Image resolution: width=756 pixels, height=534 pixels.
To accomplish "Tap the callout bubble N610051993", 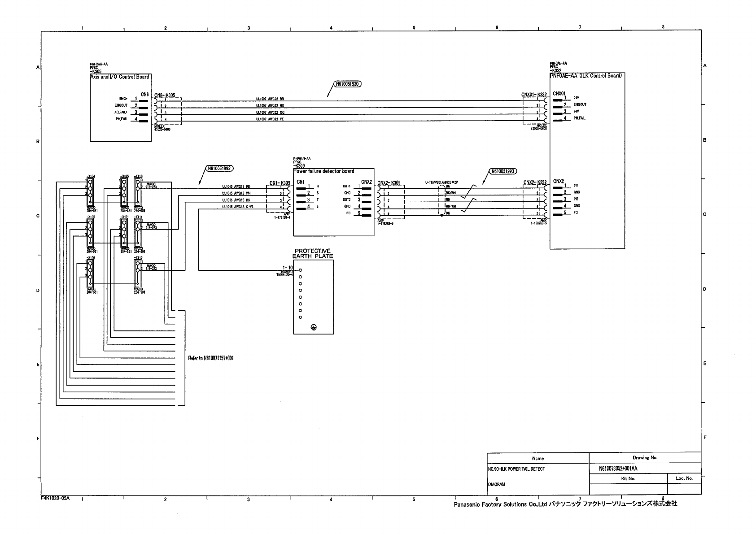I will point(503,171).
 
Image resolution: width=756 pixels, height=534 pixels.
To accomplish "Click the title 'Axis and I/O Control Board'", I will point(119,77).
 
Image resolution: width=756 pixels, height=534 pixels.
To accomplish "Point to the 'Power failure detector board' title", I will point(323,171).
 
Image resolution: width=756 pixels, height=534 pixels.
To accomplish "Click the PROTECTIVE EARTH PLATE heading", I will point(313,254).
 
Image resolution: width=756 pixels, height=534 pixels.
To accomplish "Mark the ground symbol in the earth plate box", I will point(313,328).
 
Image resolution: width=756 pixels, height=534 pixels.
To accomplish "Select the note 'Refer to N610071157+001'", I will point(211,358).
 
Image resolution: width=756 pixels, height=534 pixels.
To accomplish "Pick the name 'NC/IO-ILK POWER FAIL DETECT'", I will point(516,469).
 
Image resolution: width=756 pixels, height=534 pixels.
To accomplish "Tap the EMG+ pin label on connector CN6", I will point(123,99).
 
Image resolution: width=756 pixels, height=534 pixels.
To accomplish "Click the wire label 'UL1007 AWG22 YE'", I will point(270,119).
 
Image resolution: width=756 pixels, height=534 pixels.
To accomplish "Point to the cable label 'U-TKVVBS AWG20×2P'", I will point(441,182).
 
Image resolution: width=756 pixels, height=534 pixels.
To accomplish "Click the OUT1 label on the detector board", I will point(346,186).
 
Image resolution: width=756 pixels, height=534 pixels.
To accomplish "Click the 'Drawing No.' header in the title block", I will point(645,458).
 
